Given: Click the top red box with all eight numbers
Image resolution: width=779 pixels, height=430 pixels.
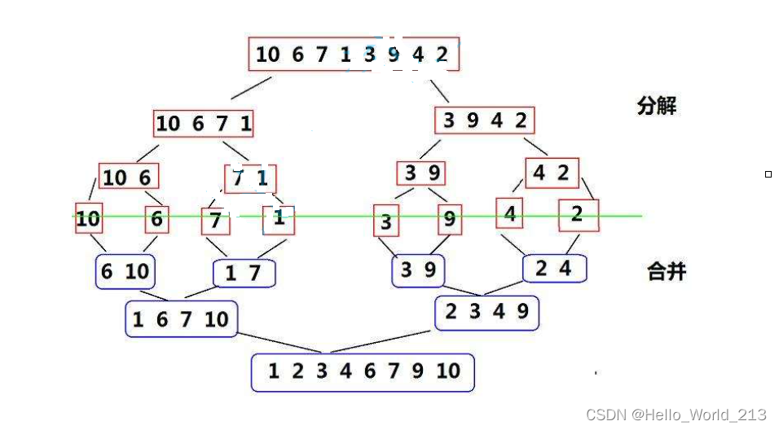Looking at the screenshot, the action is [353, 55].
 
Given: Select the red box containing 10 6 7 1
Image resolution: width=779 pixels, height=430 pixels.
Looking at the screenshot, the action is [203, 124].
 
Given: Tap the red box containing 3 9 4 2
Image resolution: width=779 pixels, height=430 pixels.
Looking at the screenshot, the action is [484, 121].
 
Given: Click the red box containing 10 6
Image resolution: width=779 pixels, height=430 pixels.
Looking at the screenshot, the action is [129, 177].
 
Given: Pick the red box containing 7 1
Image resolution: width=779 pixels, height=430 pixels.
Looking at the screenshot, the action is [250, 179].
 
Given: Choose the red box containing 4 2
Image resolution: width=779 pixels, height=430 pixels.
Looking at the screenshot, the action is [551, 173].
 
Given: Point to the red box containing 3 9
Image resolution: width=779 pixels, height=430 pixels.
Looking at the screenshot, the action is [421, 173].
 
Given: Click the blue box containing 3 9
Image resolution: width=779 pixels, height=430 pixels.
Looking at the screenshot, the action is [419, 270].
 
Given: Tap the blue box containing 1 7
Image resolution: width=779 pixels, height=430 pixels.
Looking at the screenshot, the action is [244, 274].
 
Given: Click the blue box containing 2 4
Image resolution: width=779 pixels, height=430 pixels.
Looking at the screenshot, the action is [553, 268].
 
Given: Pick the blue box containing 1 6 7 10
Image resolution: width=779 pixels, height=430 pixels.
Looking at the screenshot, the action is [181, 319].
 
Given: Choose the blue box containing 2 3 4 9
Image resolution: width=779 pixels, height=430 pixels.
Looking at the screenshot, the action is [486, 312].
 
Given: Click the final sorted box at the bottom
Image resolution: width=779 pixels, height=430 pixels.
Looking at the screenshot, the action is [363, 371].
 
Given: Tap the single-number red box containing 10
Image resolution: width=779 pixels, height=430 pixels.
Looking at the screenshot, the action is [88, 218].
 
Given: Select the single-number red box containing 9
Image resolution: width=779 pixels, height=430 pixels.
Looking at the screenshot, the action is [450, 219].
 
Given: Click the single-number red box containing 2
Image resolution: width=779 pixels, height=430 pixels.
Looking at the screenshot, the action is [578, 215].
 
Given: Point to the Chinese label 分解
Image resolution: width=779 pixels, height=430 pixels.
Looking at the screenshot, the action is [656, 106].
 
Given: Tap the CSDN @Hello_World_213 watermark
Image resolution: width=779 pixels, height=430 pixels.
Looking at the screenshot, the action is [676, 415].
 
